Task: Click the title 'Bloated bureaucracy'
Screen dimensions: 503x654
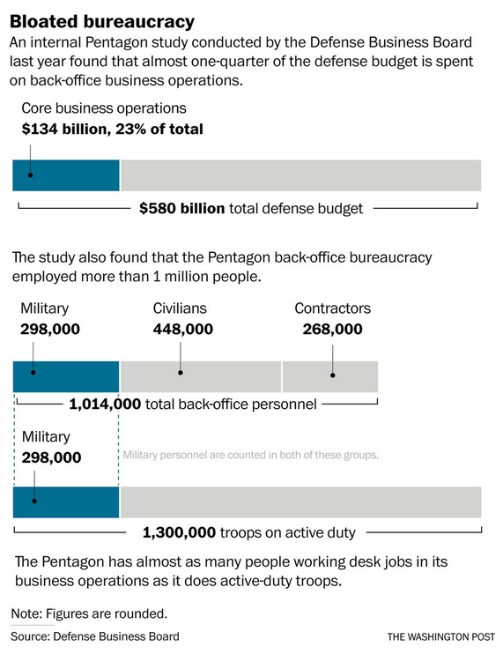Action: click(x=102, y=22)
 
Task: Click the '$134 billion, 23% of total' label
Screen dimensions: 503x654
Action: click(x=113, y=129)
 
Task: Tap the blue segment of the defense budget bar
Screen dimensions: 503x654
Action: click(x=66, y=175)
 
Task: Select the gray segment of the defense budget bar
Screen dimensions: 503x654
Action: click(x=301, y=175)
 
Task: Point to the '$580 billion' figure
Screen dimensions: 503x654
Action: click(x=182, y=208)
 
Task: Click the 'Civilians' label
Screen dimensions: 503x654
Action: click(x=180, y=308)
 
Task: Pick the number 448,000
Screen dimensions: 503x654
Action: click(x=183, y=329)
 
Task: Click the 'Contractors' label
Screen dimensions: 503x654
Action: click(x=333, y=308)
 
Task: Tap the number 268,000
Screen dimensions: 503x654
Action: click(x=333, y=329)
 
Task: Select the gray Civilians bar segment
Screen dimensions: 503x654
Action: click(x=201, y=376)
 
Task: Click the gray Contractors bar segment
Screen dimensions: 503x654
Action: click(x=330, y=376)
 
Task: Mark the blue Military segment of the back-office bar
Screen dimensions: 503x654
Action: click(x=66, y=376)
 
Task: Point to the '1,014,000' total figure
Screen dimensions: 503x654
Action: click(x=105, y=405)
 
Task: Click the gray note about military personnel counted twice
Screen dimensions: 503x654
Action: click(x=250, y=455)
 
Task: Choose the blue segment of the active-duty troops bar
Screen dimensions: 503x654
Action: click(x=66, y=502)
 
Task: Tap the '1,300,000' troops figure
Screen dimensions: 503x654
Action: click(x=179, y=532)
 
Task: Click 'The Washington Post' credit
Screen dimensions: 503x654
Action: click(x=441, y=637)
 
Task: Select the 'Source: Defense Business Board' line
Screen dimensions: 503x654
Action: click(x=95, y=636)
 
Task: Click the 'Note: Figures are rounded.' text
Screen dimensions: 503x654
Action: click(x=89, y=614)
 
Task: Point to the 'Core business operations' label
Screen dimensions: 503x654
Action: click(x=104, y=108)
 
